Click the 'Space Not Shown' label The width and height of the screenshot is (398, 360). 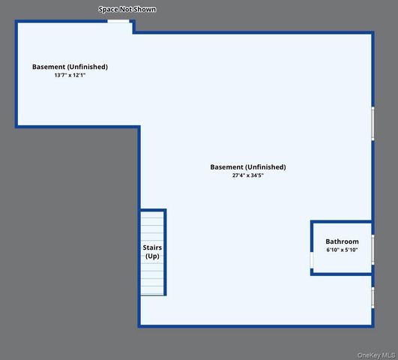pyautogui.click(x=127, y=10)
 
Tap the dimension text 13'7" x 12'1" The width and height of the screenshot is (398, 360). pyautogui.click(x=70, y=75)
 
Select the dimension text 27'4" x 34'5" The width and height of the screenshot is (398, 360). pyautogui.click(x=248, y=175)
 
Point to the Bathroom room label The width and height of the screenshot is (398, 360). pyautogui.click(x=342, y=241)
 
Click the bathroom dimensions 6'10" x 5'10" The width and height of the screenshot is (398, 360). pyautogui.click(x=342, y=250)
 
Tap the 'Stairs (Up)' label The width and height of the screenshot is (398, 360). pyautogui.click(x=152, y=252)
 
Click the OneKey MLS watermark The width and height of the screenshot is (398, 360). pyautogui.click(x=376, y=355)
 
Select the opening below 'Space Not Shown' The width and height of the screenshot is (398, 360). pyautogui.click(x=118, y=21)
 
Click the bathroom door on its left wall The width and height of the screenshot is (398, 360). pyautogui.click(x=312, y=260)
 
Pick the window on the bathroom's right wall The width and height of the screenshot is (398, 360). pyautogui.click(x=373, y=250)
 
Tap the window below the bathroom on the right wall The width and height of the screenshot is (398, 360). pyautogui.click(x=373, y=298)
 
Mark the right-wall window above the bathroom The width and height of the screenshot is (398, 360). pyautogui.click(x=373, y=124)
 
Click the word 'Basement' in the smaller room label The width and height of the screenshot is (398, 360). pyautogui.click(x=49, y=67)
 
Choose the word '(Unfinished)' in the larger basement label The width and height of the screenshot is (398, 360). pyautogui.click(x=265, y=167)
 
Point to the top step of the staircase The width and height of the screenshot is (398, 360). pyautogui.click(x=152, y=214)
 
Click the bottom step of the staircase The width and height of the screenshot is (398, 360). pyautogui.click(x=152, y=290)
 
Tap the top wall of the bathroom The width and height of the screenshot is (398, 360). pyautogui.click(x=342, y=222)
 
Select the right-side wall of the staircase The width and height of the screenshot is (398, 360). pyautogui.click(x=165, y=252)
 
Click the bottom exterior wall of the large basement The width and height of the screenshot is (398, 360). pyautogui.click(x=256, y=326)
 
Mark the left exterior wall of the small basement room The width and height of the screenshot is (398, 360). pyautogui.click(x=16, y=73)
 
